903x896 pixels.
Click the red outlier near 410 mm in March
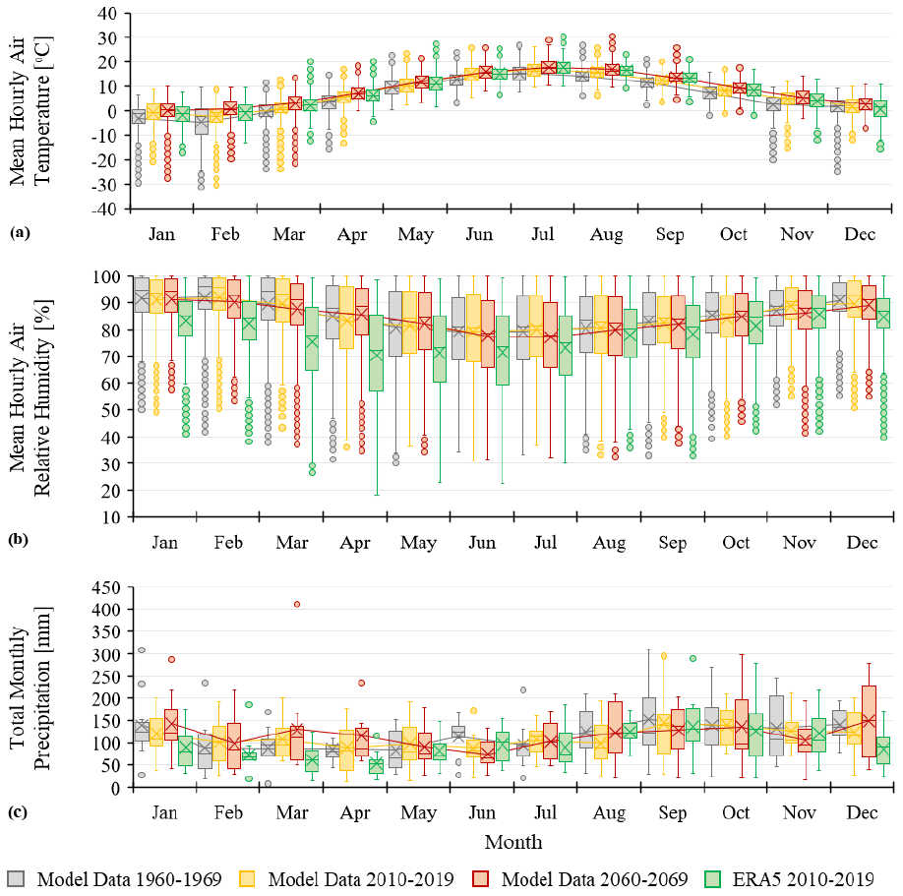click(297, 604)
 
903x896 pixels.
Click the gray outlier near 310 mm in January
click(142, 650)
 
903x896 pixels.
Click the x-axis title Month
click(512, 842)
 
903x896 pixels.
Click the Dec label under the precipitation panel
click(861, 813)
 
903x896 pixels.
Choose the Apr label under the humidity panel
click(352, 542)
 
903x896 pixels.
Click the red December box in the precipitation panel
click(868, 721)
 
